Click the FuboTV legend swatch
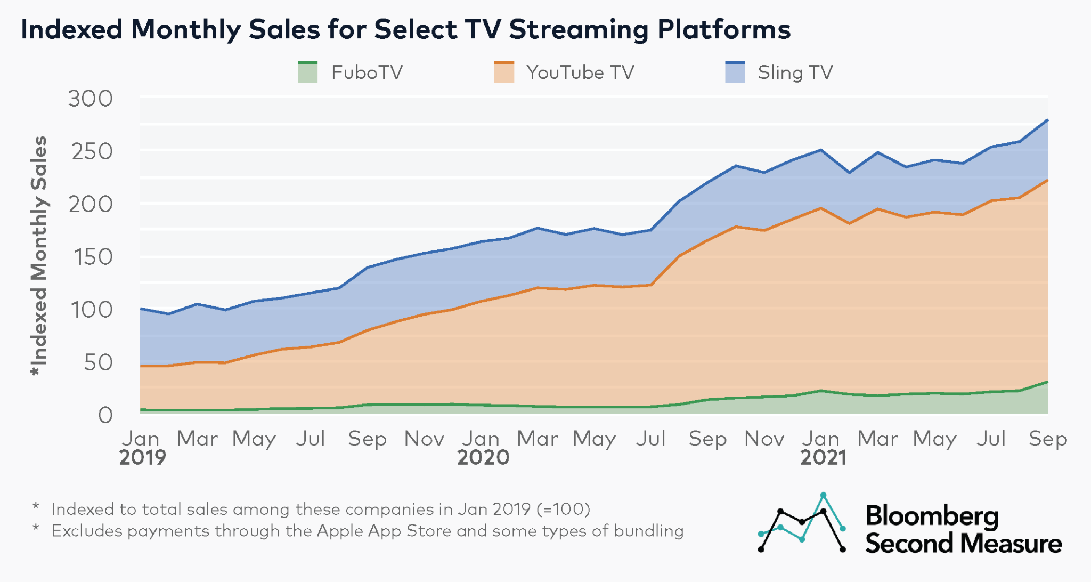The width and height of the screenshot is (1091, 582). point(308,72)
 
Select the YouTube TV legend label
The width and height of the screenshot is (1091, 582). point(580,72)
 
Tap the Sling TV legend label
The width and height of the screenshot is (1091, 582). point(795,72)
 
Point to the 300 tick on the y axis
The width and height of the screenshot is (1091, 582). point(91,99)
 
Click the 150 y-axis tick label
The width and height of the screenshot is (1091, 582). point(91,257)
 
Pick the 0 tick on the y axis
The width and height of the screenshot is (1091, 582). point(105,415)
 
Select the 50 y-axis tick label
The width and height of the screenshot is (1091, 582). point(98,362)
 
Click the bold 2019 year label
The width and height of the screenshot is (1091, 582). point(142,457)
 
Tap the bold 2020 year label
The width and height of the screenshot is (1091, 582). point(483,457)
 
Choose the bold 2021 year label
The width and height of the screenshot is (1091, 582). point(823,457)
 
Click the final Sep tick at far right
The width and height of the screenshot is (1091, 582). point(1047,439)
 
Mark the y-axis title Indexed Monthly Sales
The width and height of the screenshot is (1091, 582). point(39,256)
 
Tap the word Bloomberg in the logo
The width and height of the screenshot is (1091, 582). point(932,516)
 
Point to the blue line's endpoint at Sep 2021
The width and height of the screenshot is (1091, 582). point(1047,120)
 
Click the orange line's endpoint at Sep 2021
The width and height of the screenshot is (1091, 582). point(1047,181)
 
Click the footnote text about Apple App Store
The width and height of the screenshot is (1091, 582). point(367,531)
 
